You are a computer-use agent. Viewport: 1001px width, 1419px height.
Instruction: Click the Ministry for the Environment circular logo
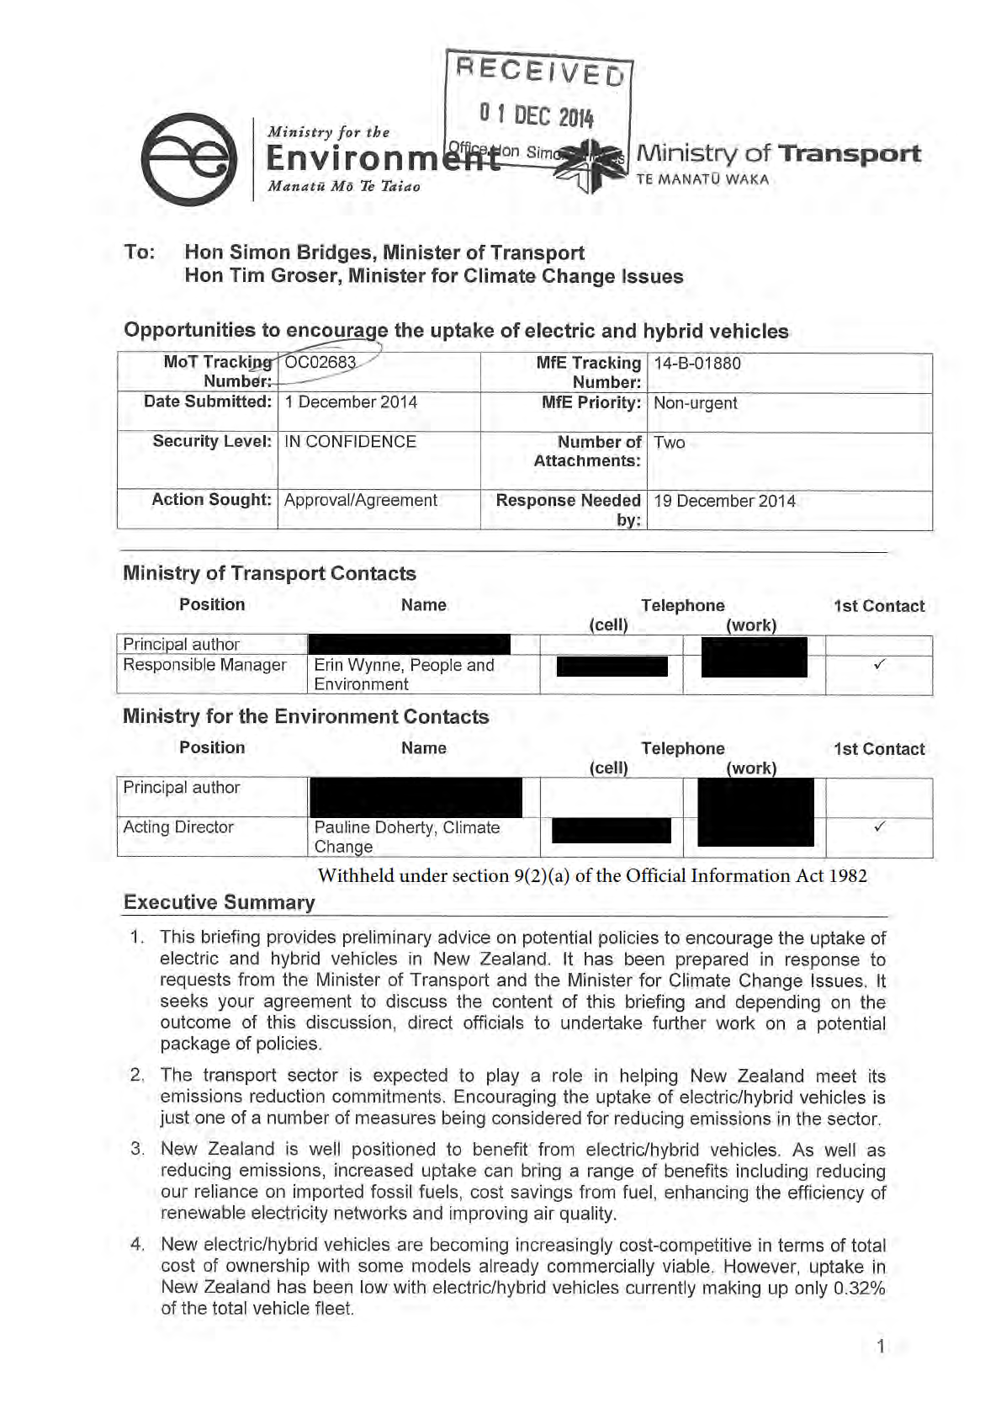[188, 159]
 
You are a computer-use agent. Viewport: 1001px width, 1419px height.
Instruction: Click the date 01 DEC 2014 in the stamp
[536, 114]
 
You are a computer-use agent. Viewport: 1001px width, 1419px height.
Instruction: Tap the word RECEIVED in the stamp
[539, 71]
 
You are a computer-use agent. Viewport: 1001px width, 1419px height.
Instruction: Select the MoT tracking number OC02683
[320, 363]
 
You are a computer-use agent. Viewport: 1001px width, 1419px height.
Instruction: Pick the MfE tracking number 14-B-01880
[697, 364]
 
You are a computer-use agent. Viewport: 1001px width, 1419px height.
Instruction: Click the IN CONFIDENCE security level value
[350, 442]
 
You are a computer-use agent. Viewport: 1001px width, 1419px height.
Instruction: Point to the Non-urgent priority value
[695, 403]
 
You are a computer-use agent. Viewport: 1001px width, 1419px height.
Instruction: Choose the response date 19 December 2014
[724, 502]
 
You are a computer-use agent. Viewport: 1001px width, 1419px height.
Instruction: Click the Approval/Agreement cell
[360, 501]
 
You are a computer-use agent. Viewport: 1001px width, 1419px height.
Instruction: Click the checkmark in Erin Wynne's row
[879, 665]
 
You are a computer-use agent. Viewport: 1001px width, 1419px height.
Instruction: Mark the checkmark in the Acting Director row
[879, 826]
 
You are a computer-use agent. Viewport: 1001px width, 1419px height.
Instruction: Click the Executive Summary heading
[219, 902]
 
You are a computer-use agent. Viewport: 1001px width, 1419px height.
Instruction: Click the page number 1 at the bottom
[881, 1347]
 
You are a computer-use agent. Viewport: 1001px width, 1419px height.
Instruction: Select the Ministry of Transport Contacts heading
[269, 574]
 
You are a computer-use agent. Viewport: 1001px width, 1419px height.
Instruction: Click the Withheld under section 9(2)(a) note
[591, 876]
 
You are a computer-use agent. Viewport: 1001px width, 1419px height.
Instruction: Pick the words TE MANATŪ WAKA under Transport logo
[702, 179]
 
